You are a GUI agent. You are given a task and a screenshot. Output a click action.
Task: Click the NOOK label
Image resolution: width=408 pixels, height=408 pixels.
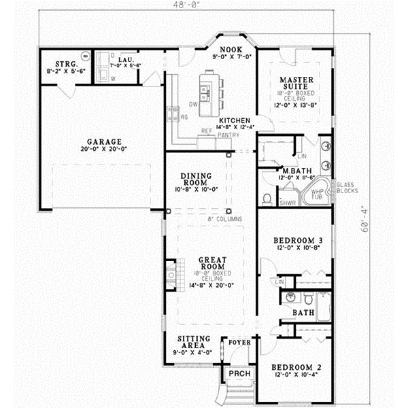(x=231, y=50)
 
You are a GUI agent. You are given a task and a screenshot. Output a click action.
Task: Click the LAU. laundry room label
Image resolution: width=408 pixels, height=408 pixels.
(x=124, y=60)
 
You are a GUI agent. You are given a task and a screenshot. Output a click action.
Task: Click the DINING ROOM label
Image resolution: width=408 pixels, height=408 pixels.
(x=196, y=179)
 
